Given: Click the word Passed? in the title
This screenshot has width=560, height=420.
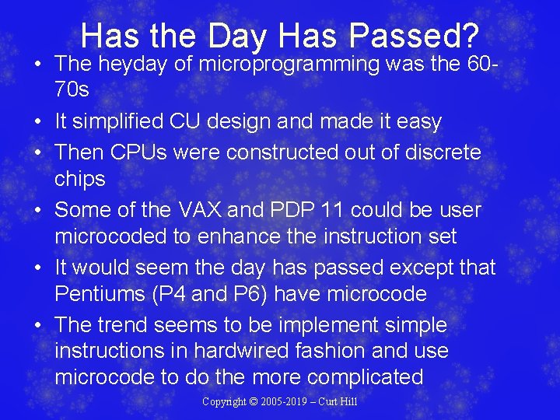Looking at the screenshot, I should pos(415,35).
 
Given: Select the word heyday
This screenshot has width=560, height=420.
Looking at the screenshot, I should pos(140,64).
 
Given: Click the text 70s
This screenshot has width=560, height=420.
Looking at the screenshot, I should pos(72,90).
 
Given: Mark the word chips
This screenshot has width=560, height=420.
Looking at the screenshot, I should pos(79,179).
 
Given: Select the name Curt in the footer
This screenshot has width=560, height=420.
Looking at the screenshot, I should pos(325,402).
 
